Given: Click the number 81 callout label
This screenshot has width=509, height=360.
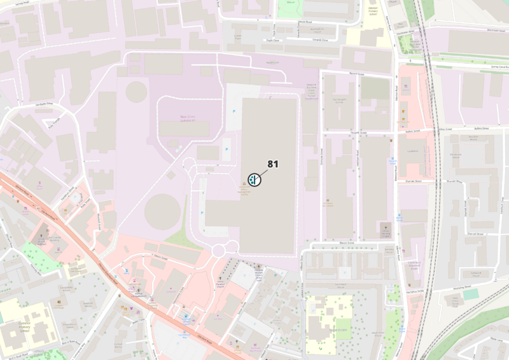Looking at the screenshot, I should coord(273,164).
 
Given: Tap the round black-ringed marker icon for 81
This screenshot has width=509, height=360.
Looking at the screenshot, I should coord(254,179).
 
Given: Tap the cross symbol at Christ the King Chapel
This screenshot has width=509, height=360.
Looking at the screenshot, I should coord(384,226).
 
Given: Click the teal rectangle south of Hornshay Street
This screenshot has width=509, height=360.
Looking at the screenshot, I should coord(470,294).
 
